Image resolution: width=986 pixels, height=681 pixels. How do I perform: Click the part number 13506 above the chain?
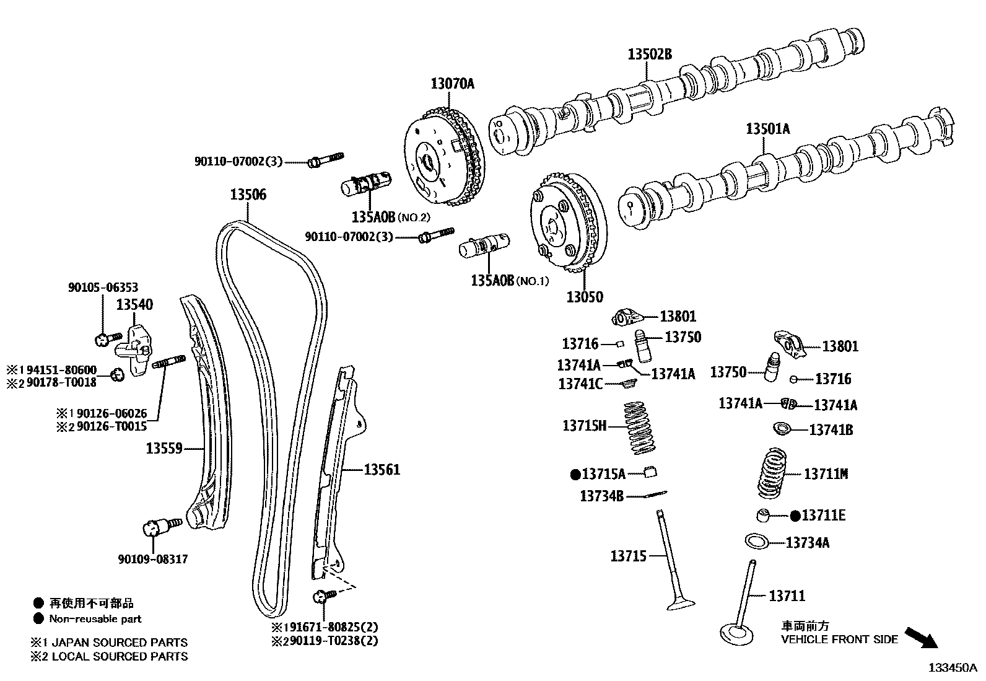point(248,195)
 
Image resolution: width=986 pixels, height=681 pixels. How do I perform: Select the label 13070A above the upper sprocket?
point(452,83)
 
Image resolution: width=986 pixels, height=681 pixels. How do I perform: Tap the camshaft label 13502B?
point(649,54)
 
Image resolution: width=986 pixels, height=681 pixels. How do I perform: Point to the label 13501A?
point(767,129)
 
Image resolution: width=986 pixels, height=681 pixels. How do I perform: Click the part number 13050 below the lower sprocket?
point(584,297)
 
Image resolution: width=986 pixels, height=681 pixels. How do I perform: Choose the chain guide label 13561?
point(382,470)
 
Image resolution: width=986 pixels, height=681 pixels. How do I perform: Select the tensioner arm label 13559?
point(164,447)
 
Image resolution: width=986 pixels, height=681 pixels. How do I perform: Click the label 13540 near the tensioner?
point(134,304)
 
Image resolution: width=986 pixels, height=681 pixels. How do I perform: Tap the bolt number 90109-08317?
point(152,559)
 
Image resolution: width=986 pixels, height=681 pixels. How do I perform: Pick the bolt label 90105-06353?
point(103,288)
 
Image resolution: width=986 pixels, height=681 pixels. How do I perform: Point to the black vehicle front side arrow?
point(921,636)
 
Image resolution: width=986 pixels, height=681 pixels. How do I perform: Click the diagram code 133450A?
point(951,667)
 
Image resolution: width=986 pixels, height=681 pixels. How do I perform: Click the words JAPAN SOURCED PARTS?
point(119,643)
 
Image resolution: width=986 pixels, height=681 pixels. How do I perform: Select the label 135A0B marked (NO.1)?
point(492,280)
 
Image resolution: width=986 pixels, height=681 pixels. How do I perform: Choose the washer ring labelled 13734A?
point(757,542)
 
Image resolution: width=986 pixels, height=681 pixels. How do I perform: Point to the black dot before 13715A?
point(575,474)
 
